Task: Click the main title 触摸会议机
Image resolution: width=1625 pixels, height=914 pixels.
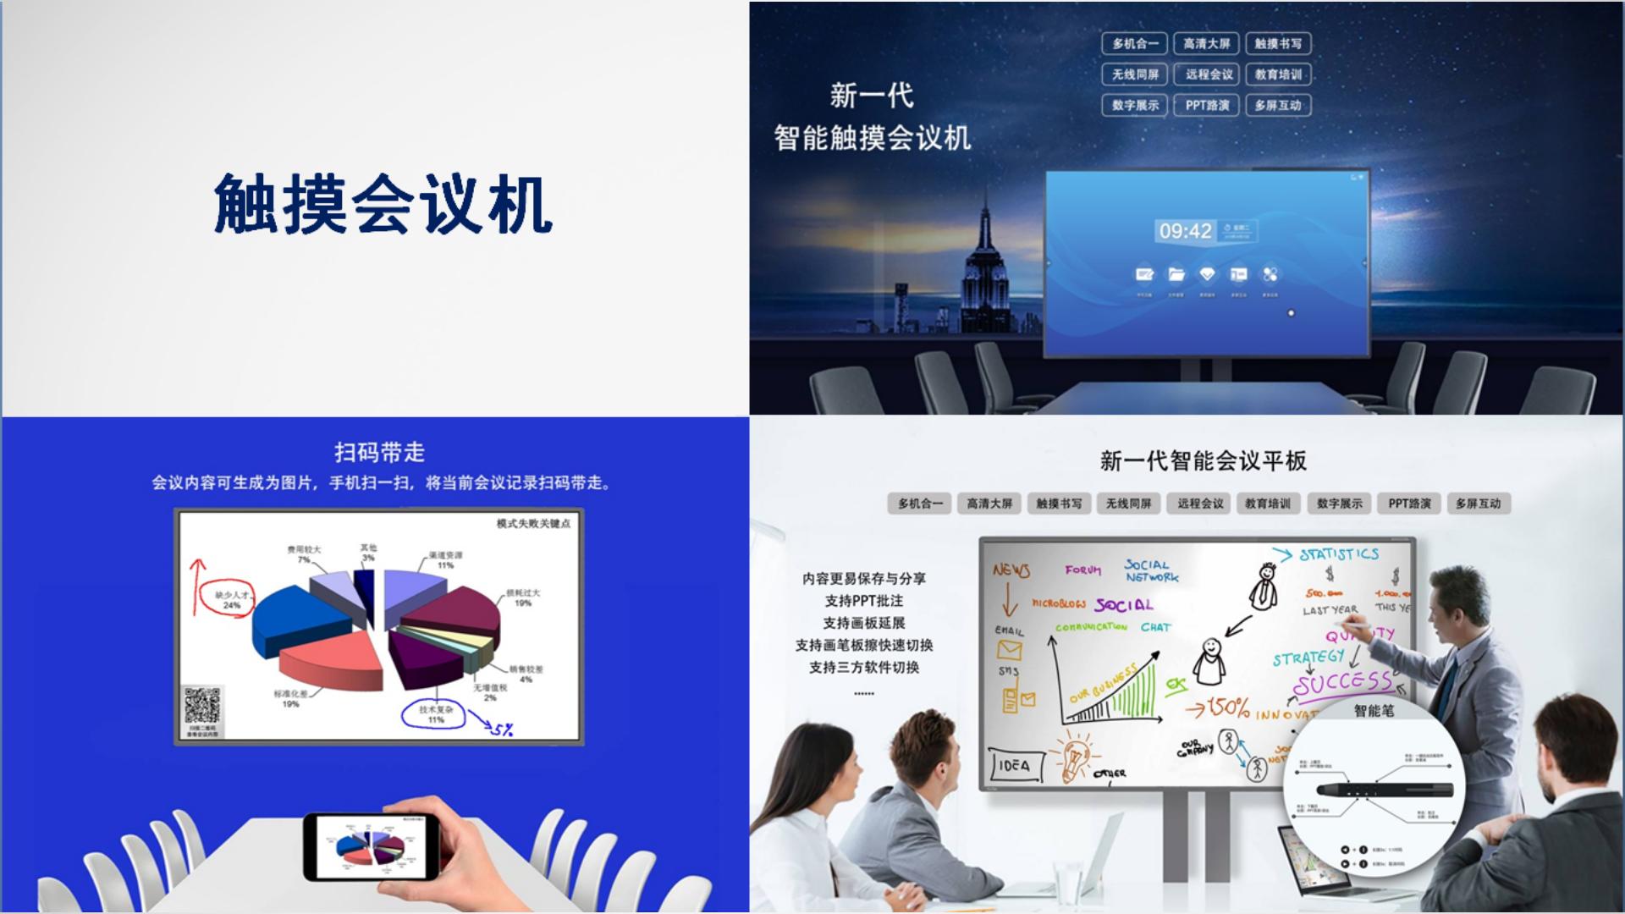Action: click(383, 204)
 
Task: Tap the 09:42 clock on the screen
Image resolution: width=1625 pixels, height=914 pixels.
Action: click(1185, 231)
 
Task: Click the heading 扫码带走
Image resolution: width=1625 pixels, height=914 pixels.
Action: click(379, 453)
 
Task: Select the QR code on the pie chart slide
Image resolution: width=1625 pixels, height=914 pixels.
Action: click(202, 705)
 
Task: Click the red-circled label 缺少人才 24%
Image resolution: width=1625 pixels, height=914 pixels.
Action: click(231, 600)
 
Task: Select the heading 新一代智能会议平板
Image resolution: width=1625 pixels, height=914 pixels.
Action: click(1203, 461)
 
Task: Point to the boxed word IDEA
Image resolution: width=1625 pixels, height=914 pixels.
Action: click(1015, 765)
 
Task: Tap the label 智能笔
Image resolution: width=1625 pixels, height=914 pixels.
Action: click(1373, 711)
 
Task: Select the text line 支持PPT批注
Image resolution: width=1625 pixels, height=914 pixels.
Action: click(863, 601)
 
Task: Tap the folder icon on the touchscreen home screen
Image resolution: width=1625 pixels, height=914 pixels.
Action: click(1176, 274)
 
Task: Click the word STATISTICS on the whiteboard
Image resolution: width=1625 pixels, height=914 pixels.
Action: click(1339, 554)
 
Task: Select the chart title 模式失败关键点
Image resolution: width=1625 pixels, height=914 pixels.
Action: click(533, 524)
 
